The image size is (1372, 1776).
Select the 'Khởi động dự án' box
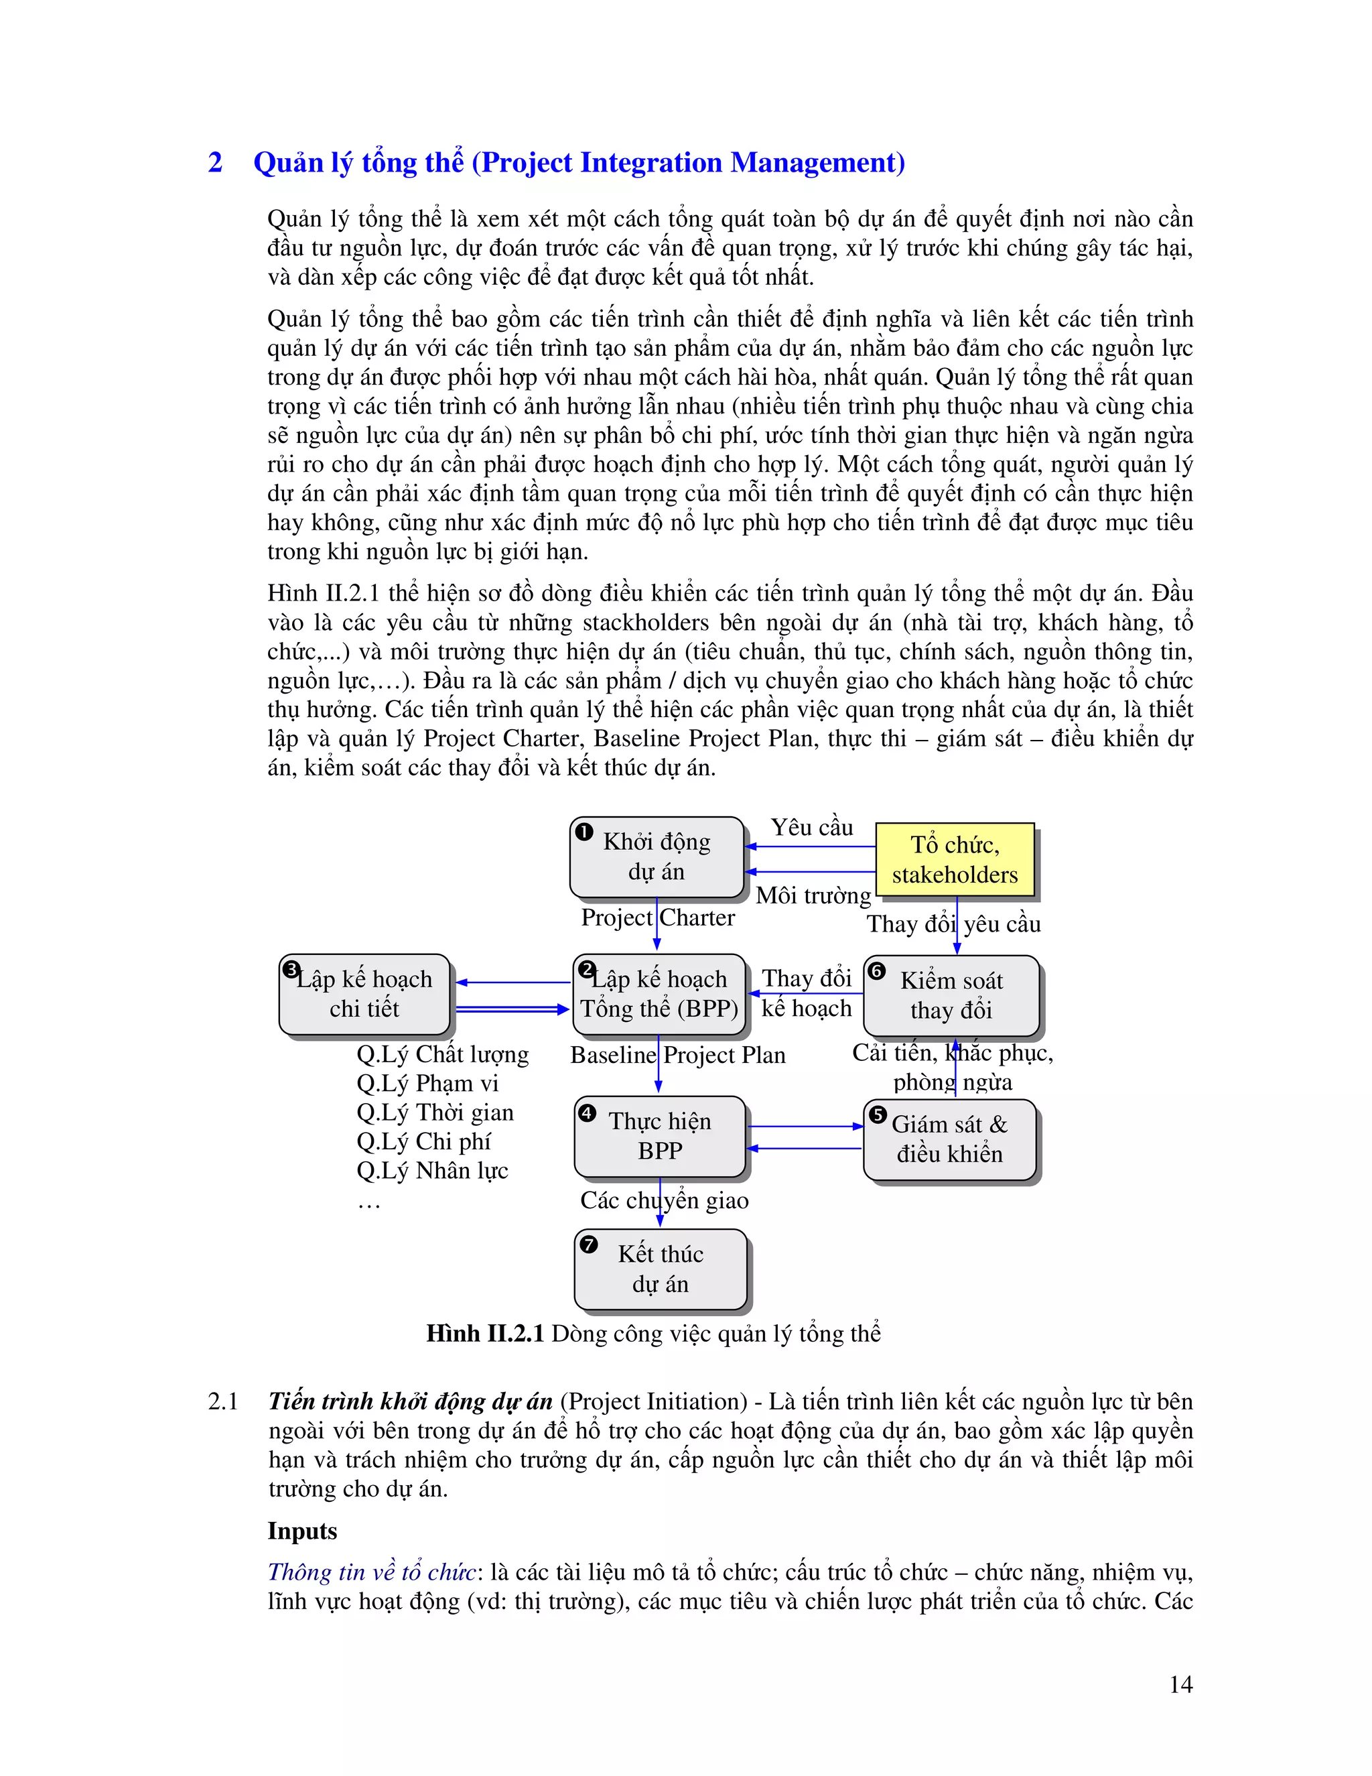(x=657, y=857)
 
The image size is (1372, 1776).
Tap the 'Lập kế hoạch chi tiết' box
(x=364, y=994)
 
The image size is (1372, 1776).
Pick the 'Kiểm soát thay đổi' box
(x=951, y=995)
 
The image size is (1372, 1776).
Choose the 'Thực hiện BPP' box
(x=660, y=1136)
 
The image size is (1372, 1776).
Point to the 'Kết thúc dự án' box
(x=660, y=1269)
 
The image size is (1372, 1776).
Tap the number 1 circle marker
(x=584, y=832)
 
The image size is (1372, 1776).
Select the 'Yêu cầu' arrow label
(x=811, y=828)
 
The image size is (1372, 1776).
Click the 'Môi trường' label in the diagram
(x=813, y=895)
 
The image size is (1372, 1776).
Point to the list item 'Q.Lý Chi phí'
(x=423, y=1142)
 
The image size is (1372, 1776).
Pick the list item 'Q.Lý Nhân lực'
(x=432, y=1171)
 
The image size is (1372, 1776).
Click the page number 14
(x=1180, y=1684)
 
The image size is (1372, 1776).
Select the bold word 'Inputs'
(x=302, y=1531)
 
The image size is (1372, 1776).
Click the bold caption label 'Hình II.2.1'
(x=484, y=1334)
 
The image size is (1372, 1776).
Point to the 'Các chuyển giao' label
(x=664, y=1200)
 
